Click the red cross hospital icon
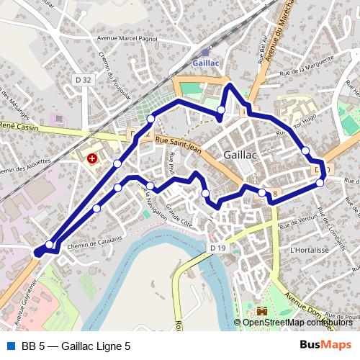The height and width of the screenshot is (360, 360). (92, 157)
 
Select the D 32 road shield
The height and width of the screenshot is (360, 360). (84, 80)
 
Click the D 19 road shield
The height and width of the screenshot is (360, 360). (219, 248)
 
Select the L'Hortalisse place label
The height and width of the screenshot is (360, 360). (309, 250)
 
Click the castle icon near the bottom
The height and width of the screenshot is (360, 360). (261, 310)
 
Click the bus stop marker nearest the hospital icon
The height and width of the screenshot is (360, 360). (117, 164)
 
